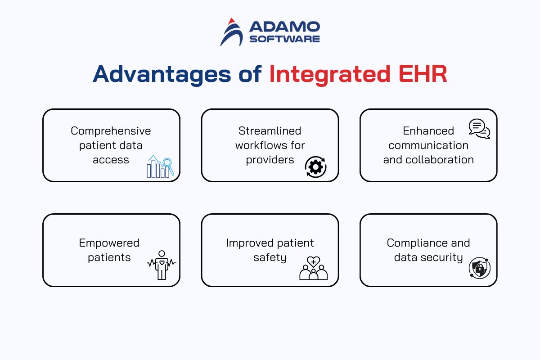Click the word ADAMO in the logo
coord(284,27)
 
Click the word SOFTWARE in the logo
coord(284,39)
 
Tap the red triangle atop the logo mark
coord(231,21)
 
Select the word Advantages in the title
coord(162,74)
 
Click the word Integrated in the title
coord(329,74)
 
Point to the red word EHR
coord(423,74)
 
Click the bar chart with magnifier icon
coord(160,166)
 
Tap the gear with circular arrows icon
coord(315,167)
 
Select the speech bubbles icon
coord(479,129)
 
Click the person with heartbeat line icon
coord(162,265)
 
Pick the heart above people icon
coord(313,268)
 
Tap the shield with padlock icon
coord(480,268)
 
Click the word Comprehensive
coord(111,131)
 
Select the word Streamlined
coord(270,131)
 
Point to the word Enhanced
coord(428,131)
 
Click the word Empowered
coord(109,243)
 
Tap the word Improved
coord(250,243)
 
